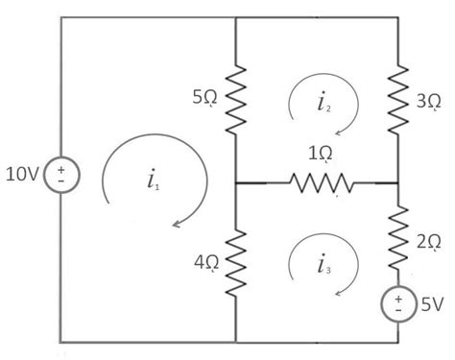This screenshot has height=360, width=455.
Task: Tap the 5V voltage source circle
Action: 396,304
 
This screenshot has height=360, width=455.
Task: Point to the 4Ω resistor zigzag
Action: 235,262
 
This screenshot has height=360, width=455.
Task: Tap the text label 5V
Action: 432,304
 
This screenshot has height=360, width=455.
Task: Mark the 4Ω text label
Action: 205,261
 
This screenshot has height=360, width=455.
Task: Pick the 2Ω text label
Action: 429,244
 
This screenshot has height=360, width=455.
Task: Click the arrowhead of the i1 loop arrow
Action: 178,227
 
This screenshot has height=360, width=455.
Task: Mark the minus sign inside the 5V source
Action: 396,311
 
